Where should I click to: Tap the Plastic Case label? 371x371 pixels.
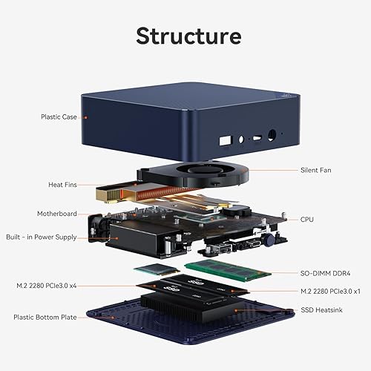point(60,116)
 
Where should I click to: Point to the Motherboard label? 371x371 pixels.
point(57,214)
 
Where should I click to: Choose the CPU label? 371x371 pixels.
point(306,219)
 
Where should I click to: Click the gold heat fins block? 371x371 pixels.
point(110,194)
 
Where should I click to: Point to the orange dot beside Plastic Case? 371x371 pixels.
point(85,116)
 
